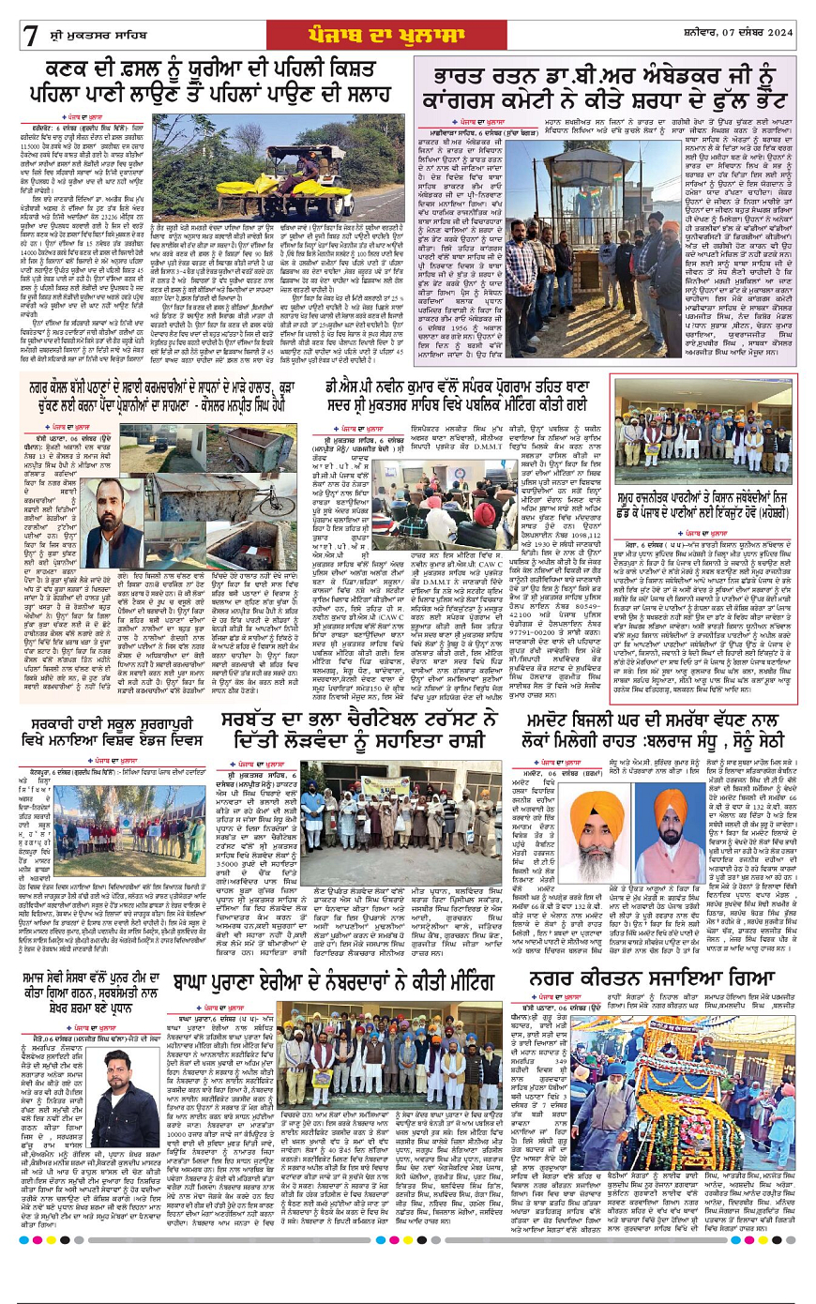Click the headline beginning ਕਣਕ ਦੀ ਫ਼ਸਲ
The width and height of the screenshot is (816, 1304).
click(211, 81)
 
